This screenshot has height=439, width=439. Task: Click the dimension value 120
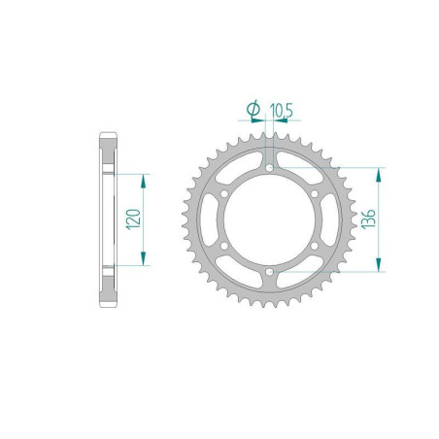coord(133,220)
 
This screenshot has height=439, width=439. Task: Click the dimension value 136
coord(390,220)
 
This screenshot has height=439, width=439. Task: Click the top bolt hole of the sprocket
coord(268,168)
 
